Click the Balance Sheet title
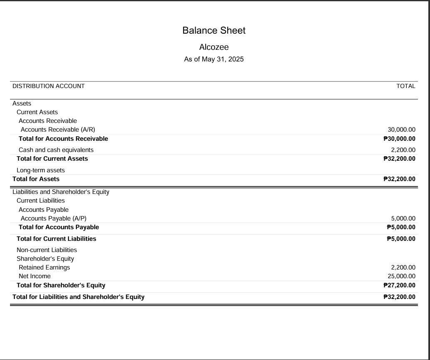click(x=214, y=30)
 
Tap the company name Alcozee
click(x=214, y=47)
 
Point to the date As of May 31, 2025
click(x=214, y=59)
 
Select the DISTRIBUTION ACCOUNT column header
click(x=49, y=86)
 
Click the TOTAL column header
click(x=405, y=86)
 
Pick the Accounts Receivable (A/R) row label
click(x=58, y=130)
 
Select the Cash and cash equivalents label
click(x=56, y=150)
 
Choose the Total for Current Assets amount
click(x=399, y=159)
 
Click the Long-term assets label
click(x=41, y=170)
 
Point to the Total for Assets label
click(x=36, y=179)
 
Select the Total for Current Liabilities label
click(x=57, y=239)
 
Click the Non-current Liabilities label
click(x=47, y=250)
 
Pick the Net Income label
click(x=34, y=276)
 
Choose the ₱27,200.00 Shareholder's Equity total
click(x=399, y=285)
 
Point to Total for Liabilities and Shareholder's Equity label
click(x=79, y=297)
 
